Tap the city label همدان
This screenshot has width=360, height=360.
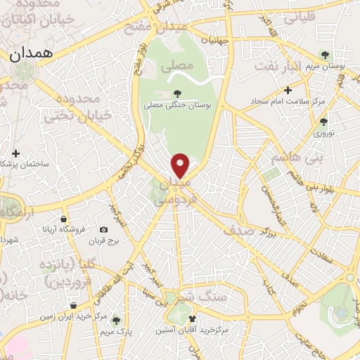[28, 53]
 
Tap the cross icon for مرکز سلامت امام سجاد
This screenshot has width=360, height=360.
[288, 91]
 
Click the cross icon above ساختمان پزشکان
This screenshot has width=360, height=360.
[16, 152]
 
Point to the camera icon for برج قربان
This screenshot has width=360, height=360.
[104, 230]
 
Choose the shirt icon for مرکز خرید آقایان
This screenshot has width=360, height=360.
[192, 319]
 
